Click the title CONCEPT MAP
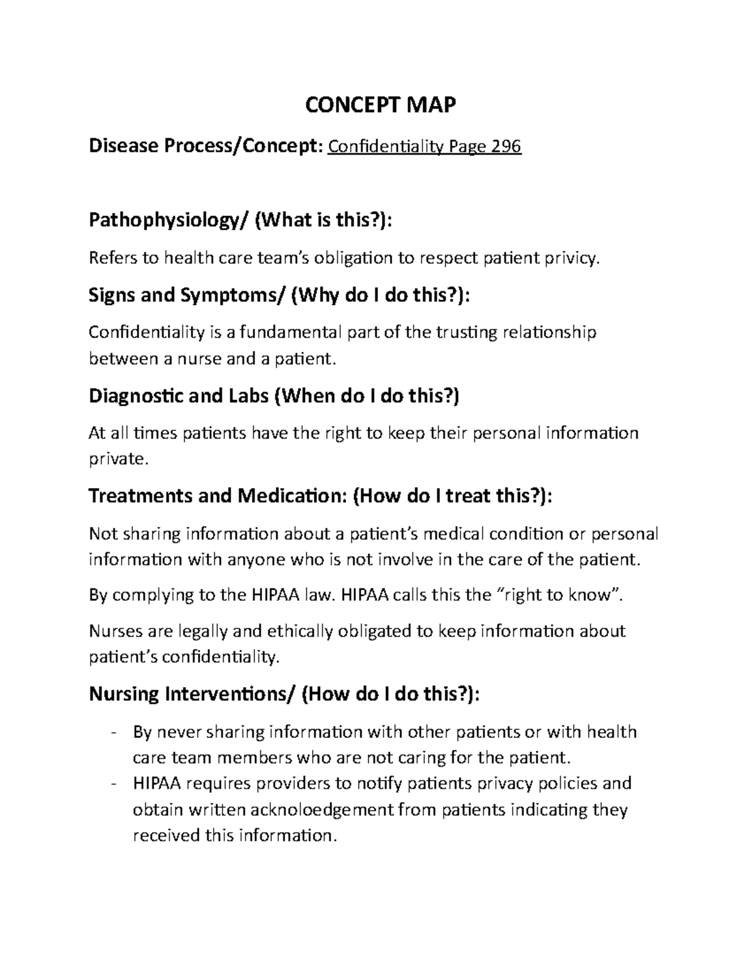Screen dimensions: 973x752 [x=380, y=105]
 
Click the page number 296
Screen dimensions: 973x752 [x=506, y=147]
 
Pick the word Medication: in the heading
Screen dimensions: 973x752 [x=292, y=496]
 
